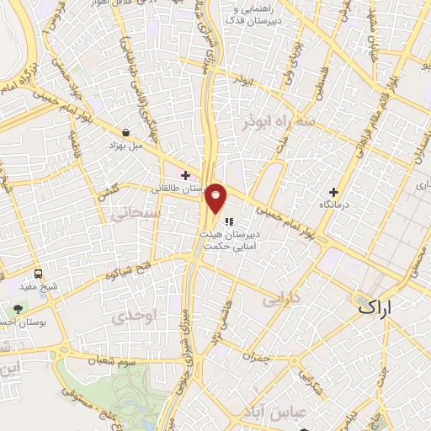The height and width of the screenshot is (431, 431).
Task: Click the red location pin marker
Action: pyautogui.click(x=215, y=199)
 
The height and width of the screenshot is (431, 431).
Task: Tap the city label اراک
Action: pyautogui.click(x=375, y=306)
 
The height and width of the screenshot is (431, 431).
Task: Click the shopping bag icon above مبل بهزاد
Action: pyautogui.click(x=125, y=132)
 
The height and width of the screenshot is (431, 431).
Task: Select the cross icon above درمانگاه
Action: pyautogui.click(x=334, y=192)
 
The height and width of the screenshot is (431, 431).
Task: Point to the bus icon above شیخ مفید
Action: pyautogui.click(x=39, y=274)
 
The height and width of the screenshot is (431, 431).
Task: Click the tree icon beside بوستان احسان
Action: pyautogui.click(x=19, y=308)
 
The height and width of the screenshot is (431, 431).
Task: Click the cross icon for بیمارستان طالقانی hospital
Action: pyautogui.click(x=184, y=175)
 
